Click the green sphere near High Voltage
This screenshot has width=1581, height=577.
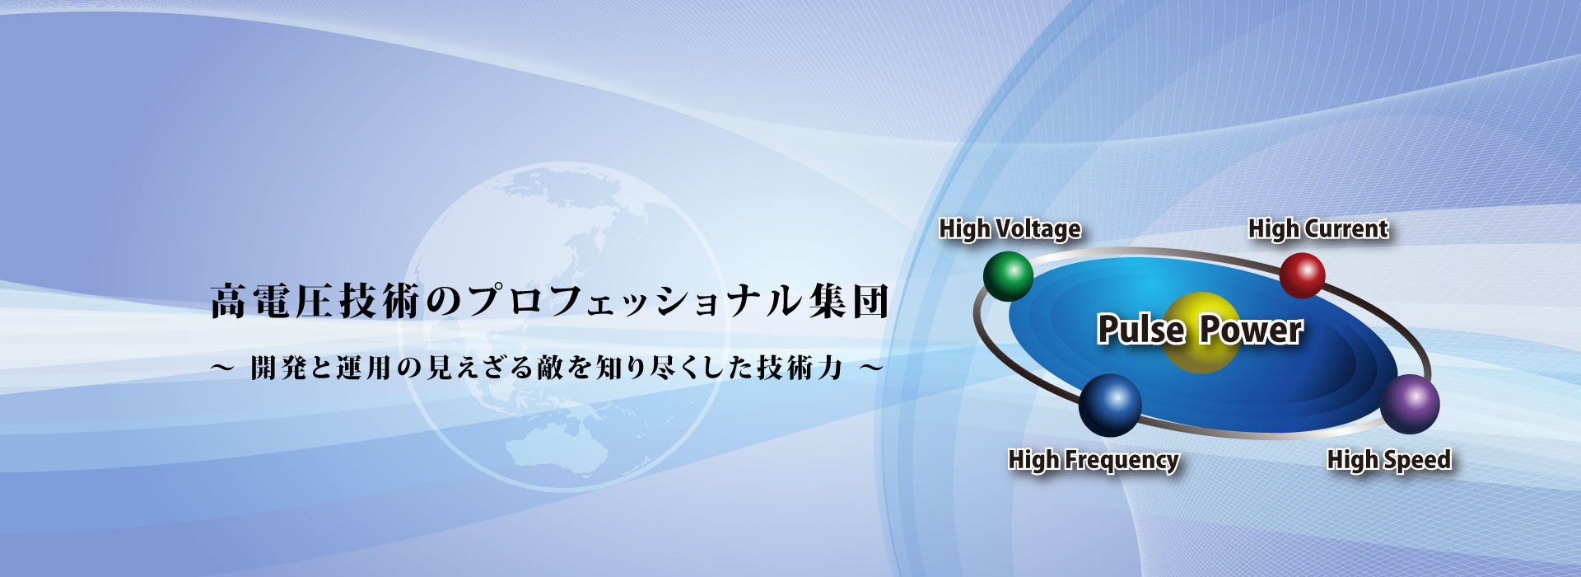(x=1008, y=275)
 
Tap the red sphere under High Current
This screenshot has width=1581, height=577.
(x=1302, y=275)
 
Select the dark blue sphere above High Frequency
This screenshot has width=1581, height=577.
(x=1110, y=405)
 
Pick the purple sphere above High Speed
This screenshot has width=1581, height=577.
(x=1410, y=404)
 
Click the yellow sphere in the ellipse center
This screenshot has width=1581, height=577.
(x=1201, y=332)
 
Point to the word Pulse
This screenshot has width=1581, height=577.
(x=1141, y=330)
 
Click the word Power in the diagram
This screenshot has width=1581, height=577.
(x=1251, y=330)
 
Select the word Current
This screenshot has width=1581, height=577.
(x=1347, y=228)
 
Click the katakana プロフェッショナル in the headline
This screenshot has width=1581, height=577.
(x=633, y=301)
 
